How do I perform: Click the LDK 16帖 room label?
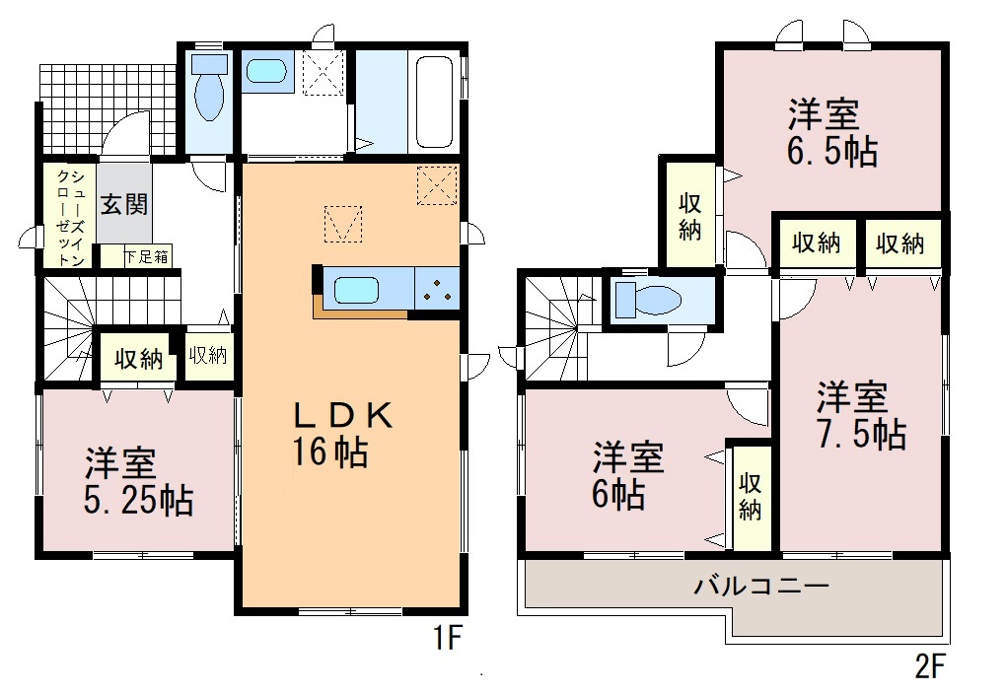(340, 435)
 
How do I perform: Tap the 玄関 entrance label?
(124, 204)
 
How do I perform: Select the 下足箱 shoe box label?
(146, 257)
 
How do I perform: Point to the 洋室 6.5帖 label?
(832, 133)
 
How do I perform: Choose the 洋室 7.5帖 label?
(861, 415)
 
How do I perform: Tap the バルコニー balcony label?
(761, 586)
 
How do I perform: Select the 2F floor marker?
(930, 666)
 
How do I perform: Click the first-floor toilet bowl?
(209, 89)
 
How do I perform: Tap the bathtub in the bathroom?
(435, 102)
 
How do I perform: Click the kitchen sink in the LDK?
(357, 290)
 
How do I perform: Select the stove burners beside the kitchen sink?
(438, 289)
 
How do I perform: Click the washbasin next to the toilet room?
(266, 71)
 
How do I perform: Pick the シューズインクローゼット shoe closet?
(70, 217)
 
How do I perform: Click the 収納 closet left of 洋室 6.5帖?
(690, 214)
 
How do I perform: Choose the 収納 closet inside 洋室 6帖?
(750, 497)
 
